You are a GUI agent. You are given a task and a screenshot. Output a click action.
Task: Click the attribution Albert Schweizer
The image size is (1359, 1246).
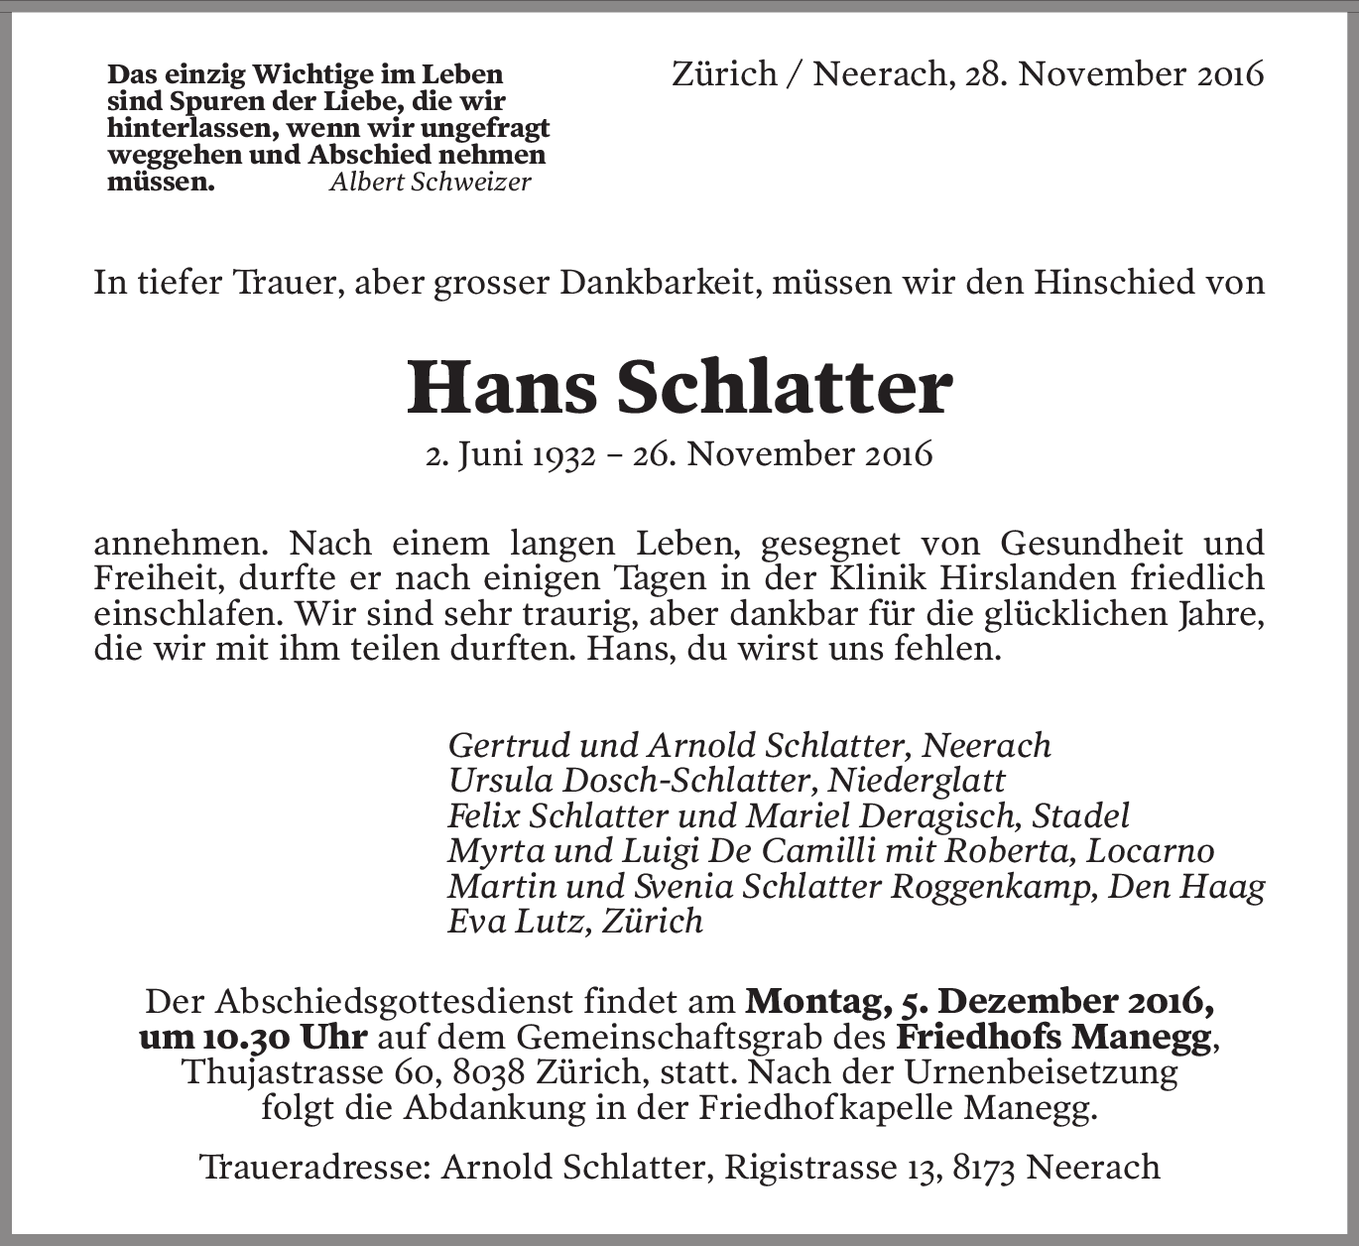[430, 182]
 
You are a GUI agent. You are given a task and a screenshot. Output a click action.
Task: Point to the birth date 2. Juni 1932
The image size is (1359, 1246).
[510, 454]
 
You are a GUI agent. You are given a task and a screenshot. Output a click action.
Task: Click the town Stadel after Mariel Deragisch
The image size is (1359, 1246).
[1080, 815]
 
